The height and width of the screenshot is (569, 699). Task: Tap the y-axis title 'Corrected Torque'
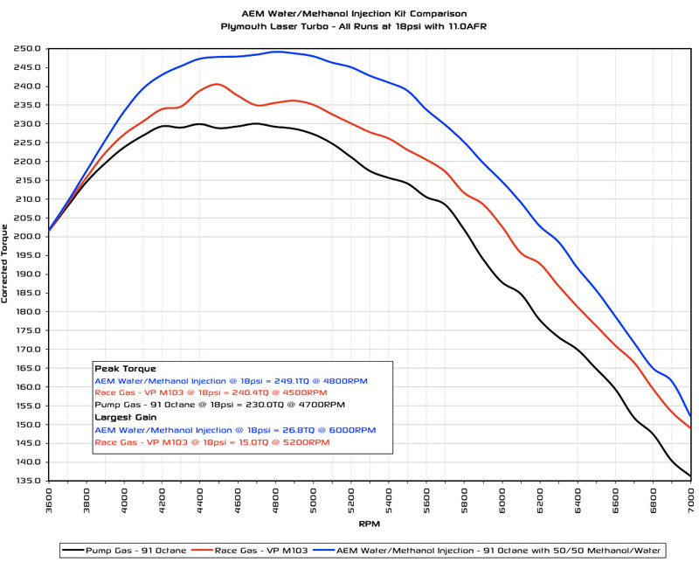(x=7, y=262)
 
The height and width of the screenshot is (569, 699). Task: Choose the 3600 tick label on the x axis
(x=50, y=501)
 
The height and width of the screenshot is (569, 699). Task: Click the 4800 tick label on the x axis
(x=276, y=501)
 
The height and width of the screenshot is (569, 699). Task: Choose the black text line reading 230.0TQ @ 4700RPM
(x=219, y=406)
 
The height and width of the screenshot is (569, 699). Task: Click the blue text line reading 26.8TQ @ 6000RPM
(x=234, y=430)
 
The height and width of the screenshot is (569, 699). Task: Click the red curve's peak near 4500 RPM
(x=217, y=84)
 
